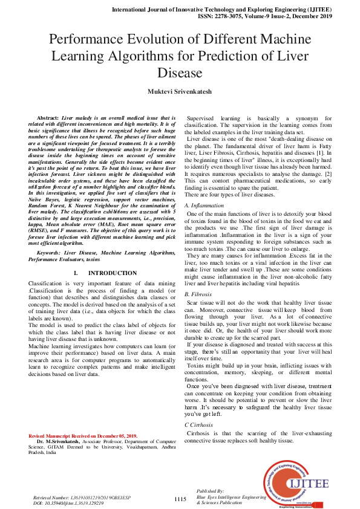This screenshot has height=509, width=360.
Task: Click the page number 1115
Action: pyautogui.click(x=180, y=499)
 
